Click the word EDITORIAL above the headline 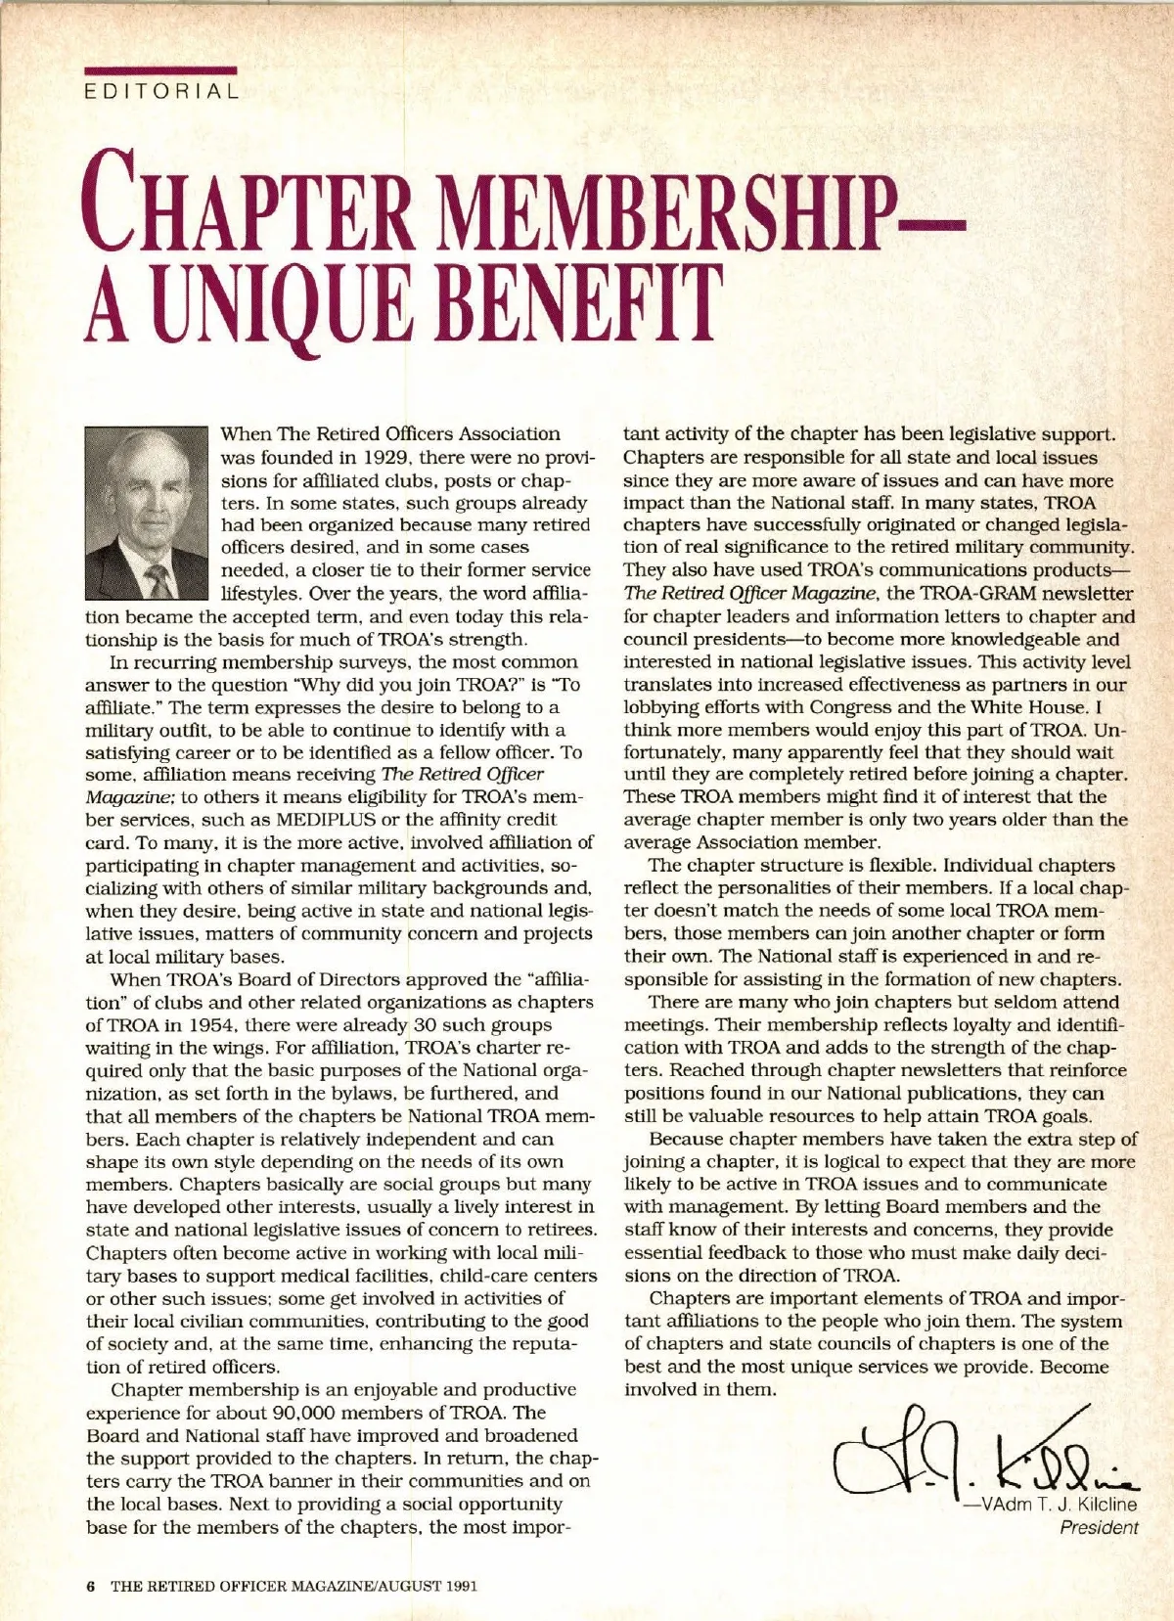[x=161, y=92]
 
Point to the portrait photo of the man [x=147, y=512]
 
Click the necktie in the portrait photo [x=157, y=580]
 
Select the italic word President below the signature [x=1099, y=1527]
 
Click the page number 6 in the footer [x=90, y=1586]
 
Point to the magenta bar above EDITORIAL [x=161, y=71]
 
